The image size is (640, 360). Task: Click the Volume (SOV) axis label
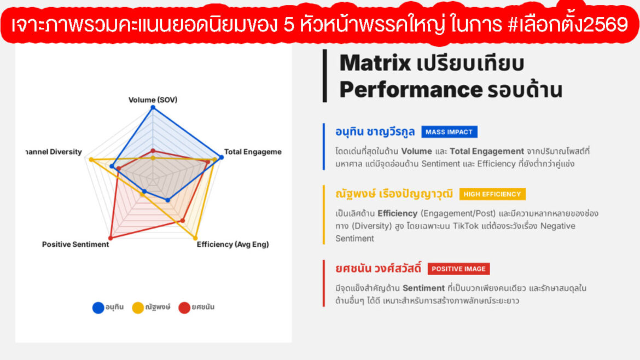click(x=153, y=100)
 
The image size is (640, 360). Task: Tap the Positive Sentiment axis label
click(x=75, y=245)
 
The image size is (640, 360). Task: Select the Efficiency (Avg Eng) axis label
click(x=232, y=245)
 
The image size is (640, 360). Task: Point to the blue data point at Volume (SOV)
click(x=153, y=107)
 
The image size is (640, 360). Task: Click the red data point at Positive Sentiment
click(x=110, y=238)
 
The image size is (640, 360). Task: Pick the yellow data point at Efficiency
click(x=195, y=238)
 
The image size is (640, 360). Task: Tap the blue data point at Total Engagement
click(x=222, y=158)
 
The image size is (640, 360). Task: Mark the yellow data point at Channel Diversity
click(x=91, y=160)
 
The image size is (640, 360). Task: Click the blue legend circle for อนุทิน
click(x=98, y=307)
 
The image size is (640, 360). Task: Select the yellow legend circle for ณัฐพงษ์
click(x=138, y=307)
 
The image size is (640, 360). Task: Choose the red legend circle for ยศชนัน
click(x=184, y=307)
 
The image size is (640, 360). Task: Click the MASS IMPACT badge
click(x=449, y=132)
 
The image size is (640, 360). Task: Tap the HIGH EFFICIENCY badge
click(x=492, y=194)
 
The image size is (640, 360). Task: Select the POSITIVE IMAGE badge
click(x=458, y=269)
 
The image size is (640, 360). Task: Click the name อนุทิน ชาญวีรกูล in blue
click(x=375, y=132)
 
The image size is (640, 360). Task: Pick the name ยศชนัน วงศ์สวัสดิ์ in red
click(x=378, y=269)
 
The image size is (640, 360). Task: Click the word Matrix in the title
click(x=375, y=63)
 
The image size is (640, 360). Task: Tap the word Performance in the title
click(x=410, y=89)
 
